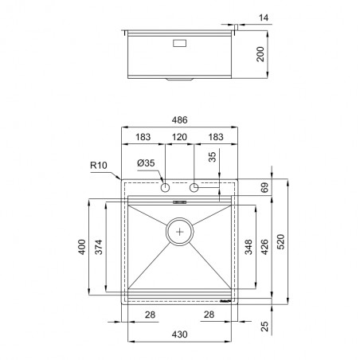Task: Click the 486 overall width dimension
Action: coord(179,120)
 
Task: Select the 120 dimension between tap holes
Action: coord(179,137)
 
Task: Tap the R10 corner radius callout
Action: coord(99,166)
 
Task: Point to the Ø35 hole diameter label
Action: coord(146,163)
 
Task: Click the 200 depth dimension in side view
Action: coord(260,54)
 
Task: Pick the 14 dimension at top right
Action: coord(264,18)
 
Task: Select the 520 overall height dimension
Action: coord(280,241)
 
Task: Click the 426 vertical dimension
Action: coord(264,247)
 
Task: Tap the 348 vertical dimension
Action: coord(248,247)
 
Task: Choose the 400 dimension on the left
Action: coord(82,247)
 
